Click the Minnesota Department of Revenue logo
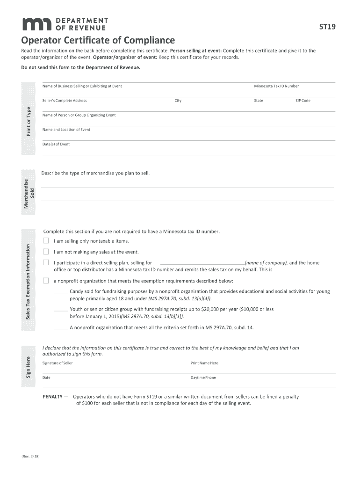pyautogui.click(x=65, y=24)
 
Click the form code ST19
pyautogui.click(x=327, y=27)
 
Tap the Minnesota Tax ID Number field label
pyautogui.click(x=276, y=86)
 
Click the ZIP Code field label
pyautogui.click(x=302, y=101)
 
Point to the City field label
pyautogui.click(x=178, y=101)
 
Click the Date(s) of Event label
pyautogui.click(x=56, y=144)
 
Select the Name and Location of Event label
pyautogui.click(x=66, y=130)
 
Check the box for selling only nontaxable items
pyautogui.click(x=46, y=241)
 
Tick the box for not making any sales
pyautogui.click(x=46, y=252)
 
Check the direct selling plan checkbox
pyautogui.click(x=46, y=263)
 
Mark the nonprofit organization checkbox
pyautogui.click(x=46, y=281)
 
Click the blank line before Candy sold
pyautogui.click(x=61, y=292)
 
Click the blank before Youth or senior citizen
pyautogui.click(x=61, y=310)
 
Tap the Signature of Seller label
pyautogui.click(x=58, y=363)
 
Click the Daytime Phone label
pyautogui.click(x=203, y=377)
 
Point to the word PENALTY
pyautogui.click(x=52, y=397)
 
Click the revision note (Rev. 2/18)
pyautogui.click(x=31, y=457)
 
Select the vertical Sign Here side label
pyautogui.click(x=28, y=368)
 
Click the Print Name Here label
pyautogui.click(x=204, y=363)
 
